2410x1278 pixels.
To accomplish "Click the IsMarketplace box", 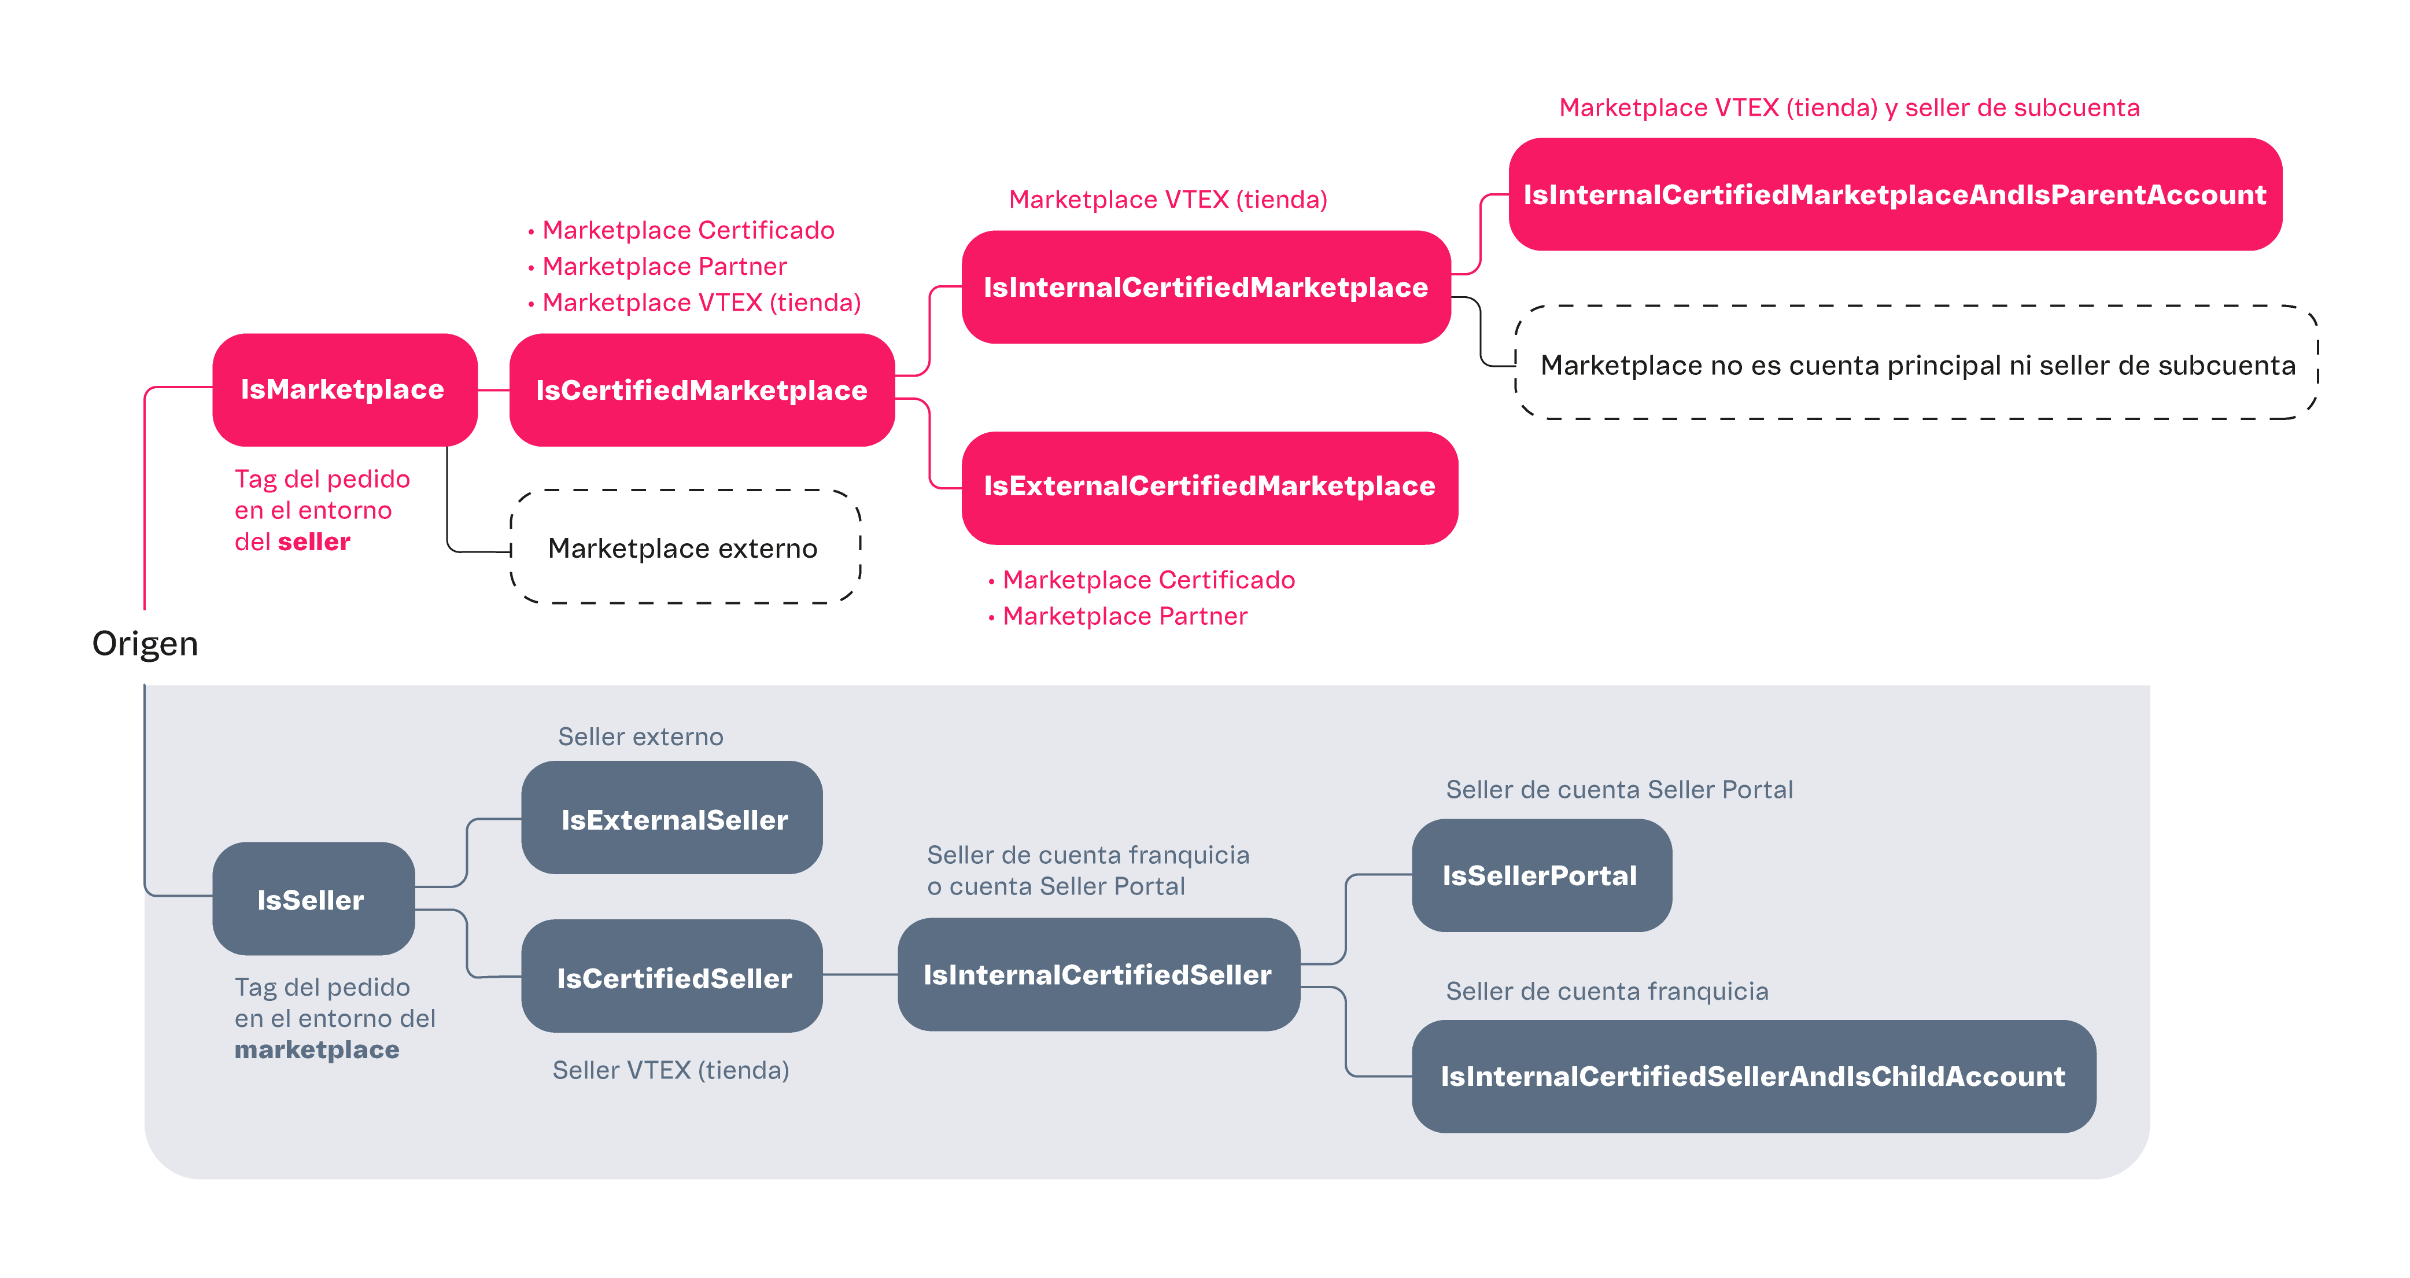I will point(344,389).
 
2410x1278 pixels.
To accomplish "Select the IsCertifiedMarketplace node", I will point(702,390).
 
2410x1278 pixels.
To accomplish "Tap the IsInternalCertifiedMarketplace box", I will point(1206,287).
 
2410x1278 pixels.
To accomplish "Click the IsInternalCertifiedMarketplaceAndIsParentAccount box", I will point(1895,194).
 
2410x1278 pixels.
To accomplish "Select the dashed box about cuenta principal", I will point(1916,363).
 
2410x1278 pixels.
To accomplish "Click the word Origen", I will point(145,644).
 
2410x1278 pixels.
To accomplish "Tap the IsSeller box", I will point(312,899).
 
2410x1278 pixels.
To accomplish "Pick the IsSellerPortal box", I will point(1541,876).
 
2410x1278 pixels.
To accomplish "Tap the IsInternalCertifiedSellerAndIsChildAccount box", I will point(1752,1077).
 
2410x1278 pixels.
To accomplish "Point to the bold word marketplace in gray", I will point(316,1049).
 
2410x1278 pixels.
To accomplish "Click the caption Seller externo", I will point(641,737).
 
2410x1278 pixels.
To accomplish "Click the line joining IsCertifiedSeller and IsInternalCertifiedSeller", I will point(860,975).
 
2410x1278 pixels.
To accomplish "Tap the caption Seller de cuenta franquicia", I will point(1606,992).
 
